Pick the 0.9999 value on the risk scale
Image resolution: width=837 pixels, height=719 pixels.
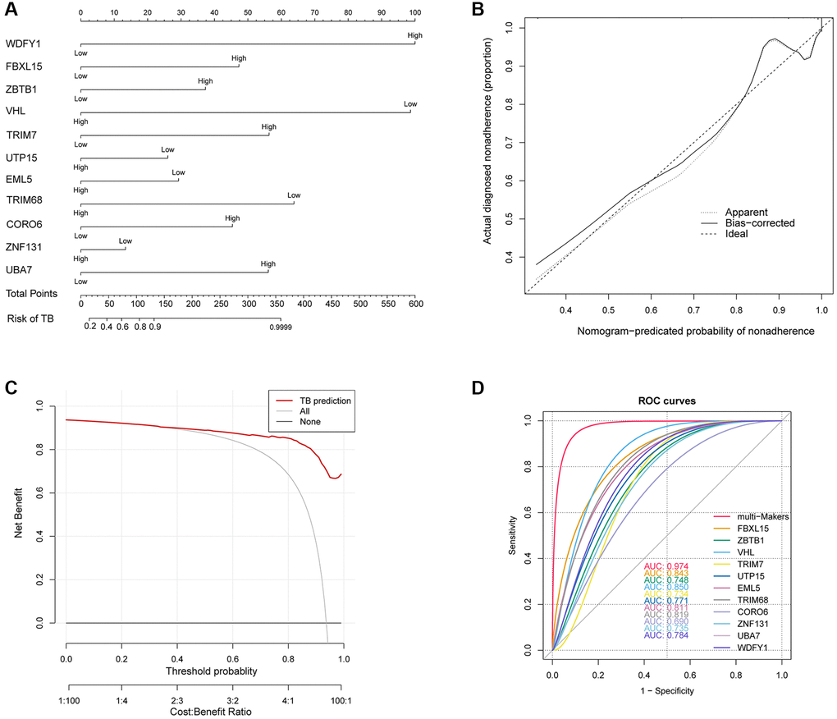(280, 327)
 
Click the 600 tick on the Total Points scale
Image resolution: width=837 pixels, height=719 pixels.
(415, 304)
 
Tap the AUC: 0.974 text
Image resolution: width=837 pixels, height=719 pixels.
(665, 566)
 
